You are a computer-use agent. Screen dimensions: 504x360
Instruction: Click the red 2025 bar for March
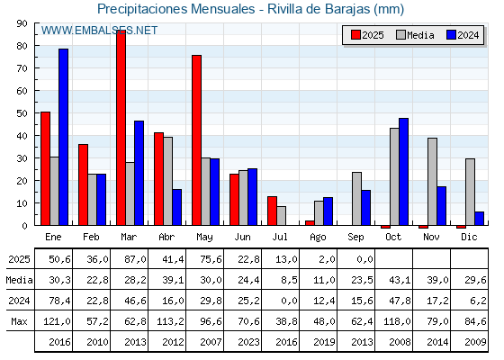[121, 128]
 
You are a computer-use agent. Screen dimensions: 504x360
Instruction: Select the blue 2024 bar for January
[63, 137]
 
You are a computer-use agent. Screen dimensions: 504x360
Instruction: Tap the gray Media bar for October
[394, 176]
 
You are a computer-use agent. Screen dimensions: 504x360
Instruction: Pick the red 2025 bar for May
[197, 140]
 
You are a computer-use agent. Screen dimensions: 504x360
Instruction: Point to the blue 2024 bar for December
[479, 218]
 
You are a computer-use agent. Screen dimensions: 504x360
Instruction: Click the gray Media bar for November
[432, 182]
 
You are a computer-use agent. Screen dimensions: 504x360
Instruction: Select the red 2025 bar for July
[272, 211]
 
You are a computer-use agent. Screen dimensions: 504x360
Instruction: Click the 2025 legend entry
[367, 35]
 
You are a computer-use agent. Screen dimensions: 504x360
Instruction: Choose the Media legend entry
[415, 35]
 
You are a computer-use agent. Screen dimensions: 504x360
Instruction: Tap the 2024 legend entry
[463, 35]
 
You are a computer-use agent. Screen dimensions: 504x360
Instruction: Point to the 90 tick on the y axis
[22, 23]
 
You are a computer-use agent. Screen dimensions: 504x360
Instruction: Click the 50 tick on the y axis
[22, 113]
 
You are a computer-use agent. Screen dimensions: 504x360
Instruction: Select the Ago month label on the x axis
[318, 238]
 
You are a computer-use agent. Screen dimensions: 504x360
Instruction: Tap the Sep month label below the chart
[355, 238]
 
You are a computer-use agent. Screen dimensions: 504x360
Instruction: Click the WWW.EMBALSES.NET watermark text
[99, 31]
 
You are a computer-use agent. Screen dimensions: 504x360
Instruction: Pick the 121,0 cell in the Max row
[57, 321]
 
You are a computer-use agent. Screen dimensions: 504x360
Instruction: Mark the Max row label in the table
[19, 321]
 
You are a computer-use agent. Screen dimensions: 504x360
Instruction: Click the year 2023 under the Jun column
[248, 342]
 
